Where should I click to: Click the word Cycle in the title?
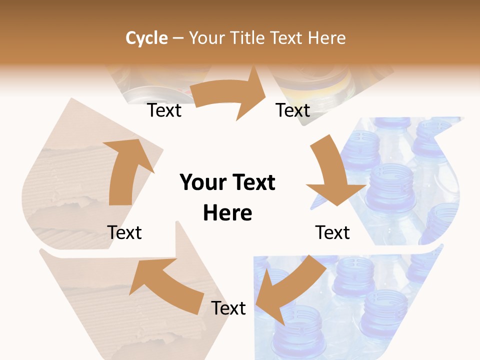tap(146, 38)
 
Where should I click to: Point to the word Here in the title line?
tap(326, 38)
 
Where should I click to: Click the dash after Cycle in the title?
tap(178, 38)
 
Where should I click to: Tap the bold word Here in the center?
tap(227, 213)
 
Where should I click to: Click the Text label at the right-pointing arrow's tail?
tap(164, 110)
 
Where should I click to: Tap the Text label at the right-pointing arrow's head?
tap(293, 110)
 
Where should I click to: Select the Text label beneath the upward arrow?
tap(124, 232)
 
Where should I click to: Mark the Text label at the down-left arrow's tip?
tap(228, 308)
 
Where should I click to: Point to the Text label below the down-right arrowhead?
tap(332, 232)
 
